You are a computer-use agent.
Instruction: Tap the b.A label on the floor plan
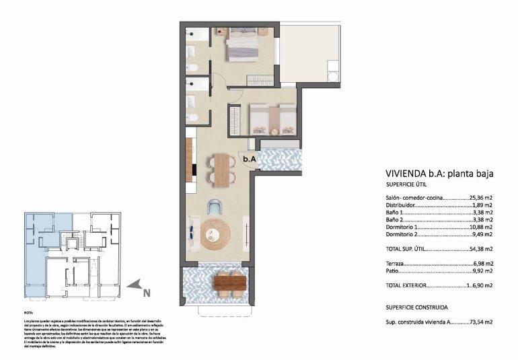(x=249, y=159)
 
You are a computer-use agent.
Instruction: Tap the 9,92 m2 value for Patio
(x=483, y=272)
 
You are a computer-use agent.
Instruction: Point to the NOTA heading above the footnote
(x=28, y=313)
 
